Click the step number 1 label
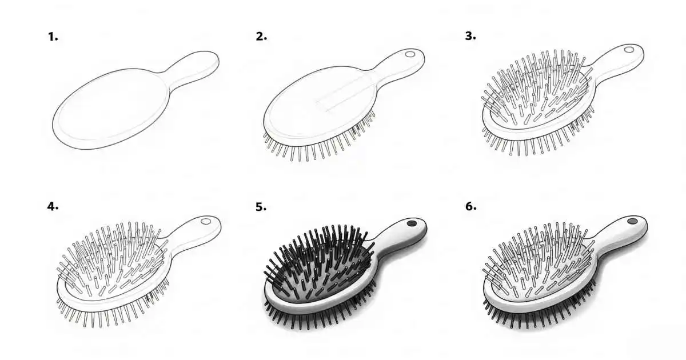53,37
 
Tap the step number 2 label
261,37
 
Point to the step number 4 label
53,206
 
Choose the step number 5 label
261,206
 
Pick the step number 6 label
470,206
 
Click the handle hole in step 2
410,55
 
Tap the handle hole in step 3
629,50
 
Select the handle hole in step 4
206,221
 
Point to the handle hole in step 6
632,221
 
